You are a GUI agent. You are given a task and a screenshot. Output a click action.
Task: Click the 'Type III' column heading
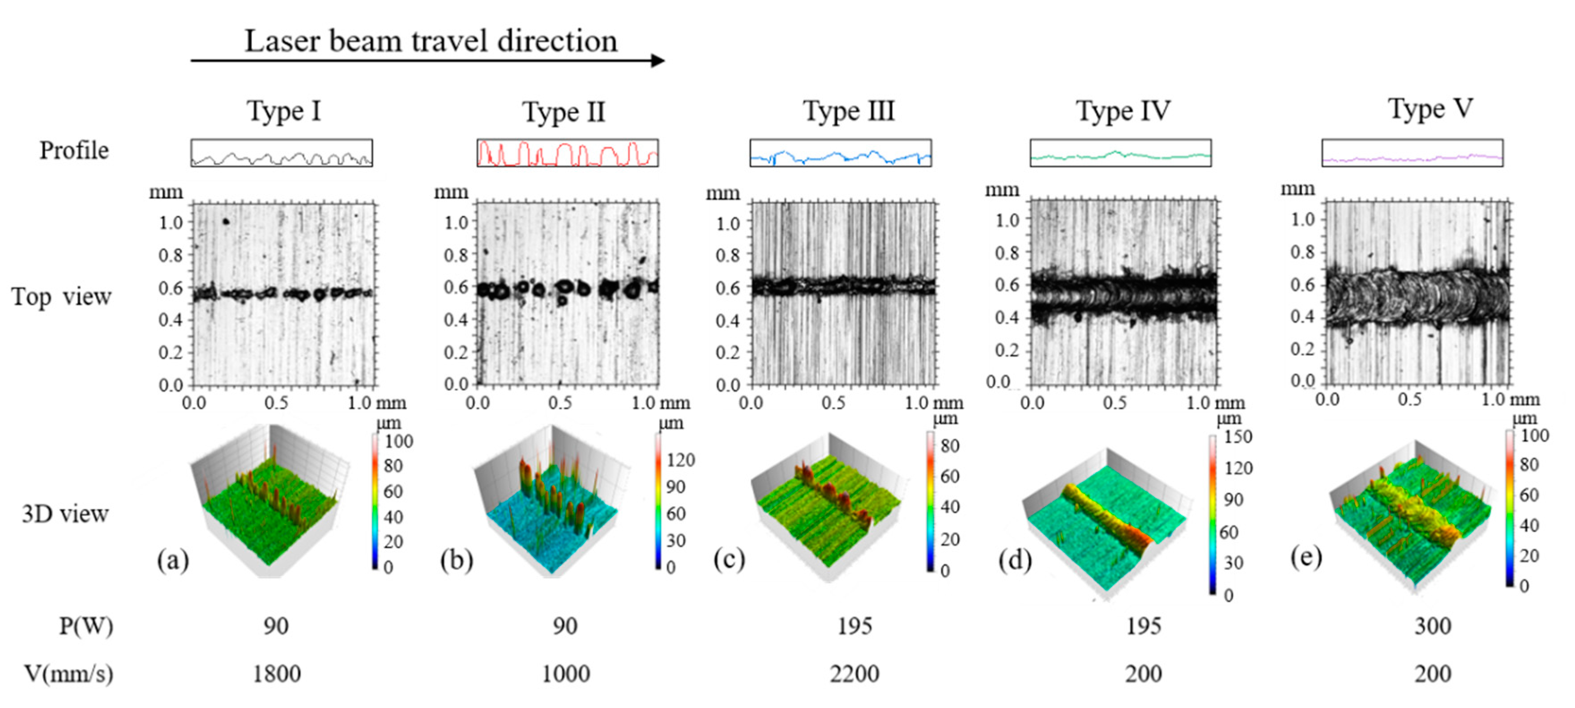click(x=848, y=111)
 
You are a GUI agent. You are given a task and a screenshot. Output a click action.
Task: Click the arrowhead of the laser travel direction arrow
click(x=658, y=60)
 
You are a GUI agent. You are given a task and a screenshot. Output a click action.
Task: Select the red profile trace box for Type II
click(x=568, y=153)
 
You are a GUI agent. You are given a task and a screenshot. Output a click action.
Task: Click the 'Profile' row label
click(x=74, y=150)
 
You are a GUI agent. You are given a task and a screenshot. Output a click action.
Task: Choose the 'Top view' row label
click(x=61, y=297)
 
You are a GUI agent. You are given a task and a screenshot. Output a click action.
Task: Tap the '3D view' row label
click(x=65, y=514)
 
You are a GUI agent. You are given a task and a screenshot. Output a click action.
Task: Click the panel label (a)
click(x=173, y=560)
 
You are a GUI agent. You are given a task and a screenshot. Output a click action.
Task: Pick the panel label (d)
click(x=1015, y=560)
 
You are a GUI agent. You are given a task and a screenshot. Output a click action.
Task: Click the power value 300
click(x=1433, y=626)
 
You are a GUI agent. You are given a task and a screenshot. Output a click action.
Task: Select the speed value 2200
click(x=854, y=674)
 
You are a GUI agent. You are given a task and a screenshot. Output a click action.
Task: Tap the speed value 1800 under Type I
click(x=276, y=674)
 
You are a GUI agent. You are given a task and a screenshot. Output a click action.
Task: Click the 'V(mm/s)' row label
click(x=68, y=674)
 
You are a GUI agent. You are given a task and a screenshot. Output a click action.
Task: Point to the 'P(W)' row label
click(x=85, y=626)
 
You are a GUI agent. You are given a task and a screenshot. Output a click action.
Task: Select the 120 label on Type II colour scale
click(x=680, y=460)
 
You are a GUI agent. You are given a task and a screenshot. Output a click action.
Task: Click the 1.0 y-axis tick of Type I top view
click(x=171, y=222)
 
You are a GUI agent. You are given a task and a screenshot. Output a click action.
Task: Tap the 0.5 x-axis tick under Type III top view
click(x=833, y=403)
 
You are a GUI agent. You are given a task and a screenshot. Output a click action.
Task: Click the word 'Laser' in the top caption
click(x=282, y=42)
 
